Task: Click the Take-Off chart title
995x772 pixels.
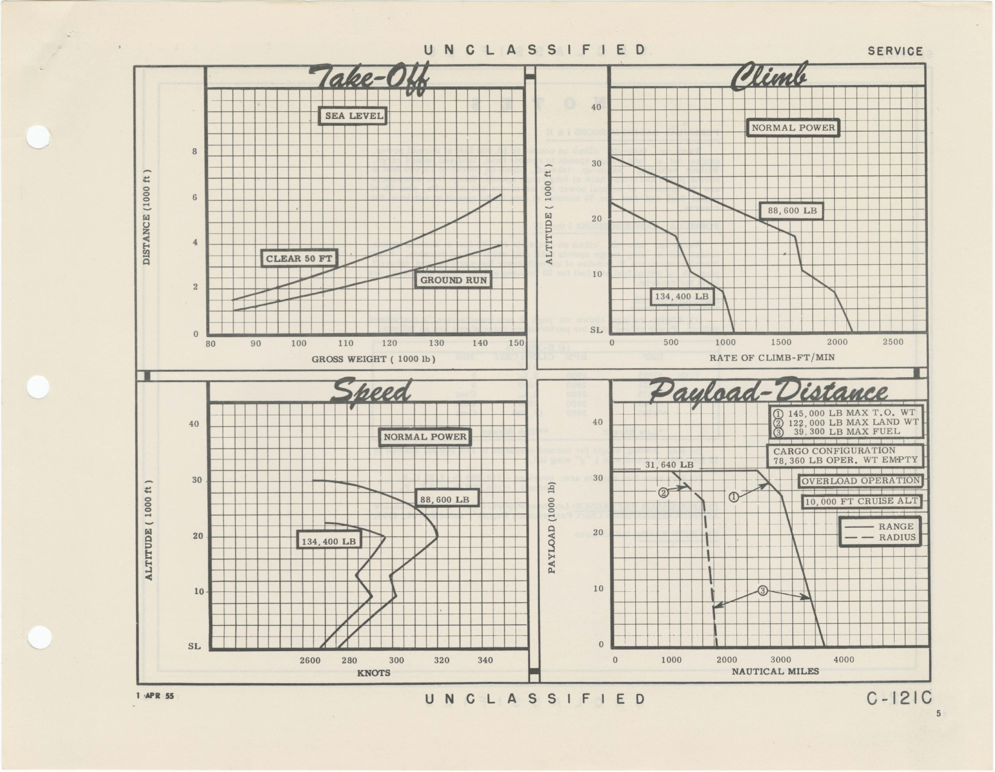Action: pyautogui.click(x=369, y=80)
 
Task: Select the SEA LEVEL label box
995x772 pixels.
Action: pyautogui.click(x=354, y=116)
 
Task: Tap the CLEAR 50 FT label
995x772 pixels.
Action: pyautogui.click(x=299, y=259)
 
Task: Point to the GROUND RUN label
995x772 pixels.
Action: pyautogui.click(x=453, y=280)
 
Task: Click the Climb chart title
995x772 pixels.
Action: pyautogui.click(x=768, y=79)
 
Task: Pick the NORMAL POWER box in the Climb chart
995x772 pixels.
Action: pyautogui.click(x=792, y=128)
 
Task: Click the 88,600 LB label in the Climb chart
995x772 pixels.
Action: pyautogui.click(x=791, y=211)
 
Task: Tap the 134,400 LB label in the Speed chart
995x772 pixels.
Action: pyautogui.click(x=329, y=541)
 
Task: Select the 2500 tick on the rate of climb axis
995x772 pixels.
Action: pyautogui.click(x=893, y=342)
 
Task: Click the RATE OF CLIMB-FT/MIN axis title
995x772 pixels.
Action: pyautogui.click(x=772, y=358)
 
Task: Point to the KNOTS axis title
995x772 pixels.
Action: pyautogui.click(x=374, y=673)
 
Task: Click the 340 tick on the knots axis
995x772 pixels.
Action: pyautogui.click(x=485, y=660)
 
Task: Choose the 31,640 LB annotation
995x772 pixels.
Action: pyautogui.click(x=669, y=465)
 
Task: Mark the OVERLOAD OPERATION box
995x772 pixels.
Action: pyautogui.click(x=860, y=481)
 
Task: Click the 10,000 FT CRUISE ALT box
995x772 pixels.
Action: pyautogui.click(x=861, y=502)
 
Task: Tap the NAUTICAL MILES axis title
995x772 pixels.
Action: pyautogui.click(x=775, y=671)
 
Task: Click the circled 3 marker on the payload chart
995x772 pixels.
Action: pyautogui.click(x=762, y=591)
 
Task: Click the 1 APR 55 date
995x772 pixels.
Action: pyautogui.click(x=155, y=696)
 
